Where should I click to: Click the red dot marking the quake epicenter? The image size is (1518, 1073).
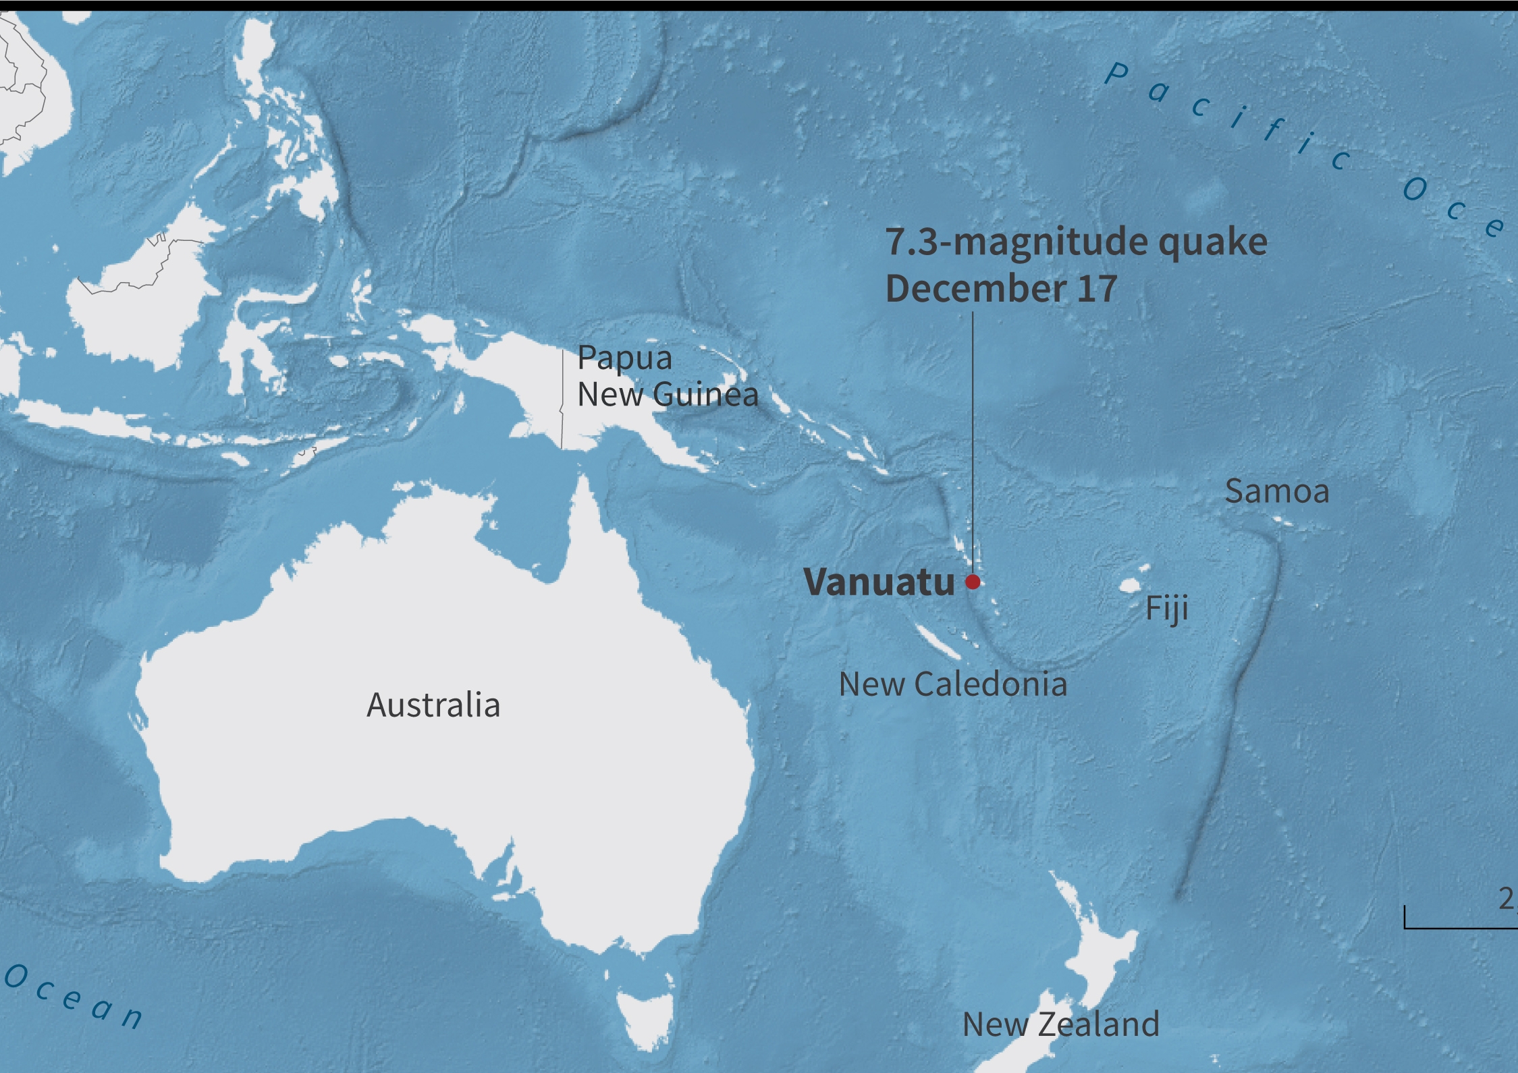click(x=973, y=582)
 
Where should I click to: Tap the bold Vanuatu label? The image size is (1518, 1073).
click(x=879, y=582)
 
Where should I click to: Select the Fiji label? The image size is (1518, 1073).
click(x=1166, y=609)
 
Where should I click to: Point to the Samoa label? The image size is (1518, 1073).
click(x=1276, y=491)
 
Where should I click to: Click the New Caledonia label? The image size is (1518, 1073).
click(x=952, y=684)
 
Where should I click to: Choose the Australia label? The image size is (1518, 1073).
click(x=433, y=705)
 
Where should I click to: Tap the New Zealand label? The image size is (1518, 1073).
click(x=1060, y=1024)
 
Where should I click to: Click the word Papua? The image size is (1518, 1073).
click(x=624, y=358)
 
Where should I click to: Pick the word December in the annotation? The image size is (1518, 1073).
click(x=975, y=288)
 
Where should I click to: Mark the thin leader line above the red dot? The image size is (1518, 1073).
click(x=973, y=439)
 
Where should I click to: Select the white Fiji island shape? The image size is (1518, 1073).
click(x=1130, y=585)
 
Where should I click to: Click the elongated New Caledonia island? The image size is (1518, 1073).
click(x=938, y=641)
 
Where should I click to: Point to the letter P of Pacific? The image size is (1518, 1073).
click(x=1117, y=74)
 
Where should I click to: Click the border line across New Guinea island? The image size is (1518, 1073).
click(x=562, y=398)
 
